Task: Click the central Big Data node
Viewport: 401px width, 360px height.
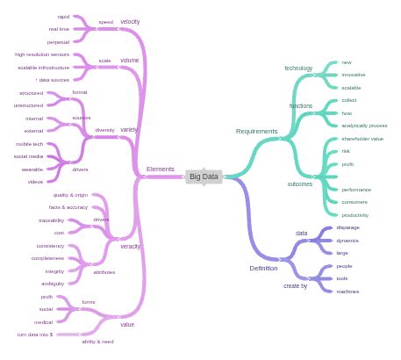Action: pyautogui.click(x=204, y=176)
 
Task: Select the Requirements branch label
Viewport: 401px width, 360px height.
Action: pyautogui.click(x=256, y=132)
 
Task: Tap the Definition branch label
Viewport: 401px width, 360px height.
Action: pyautogui.click(x=263, y=268)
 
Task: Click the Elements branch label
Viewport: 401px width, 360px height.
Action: pyautogui.click(x=160, y=169)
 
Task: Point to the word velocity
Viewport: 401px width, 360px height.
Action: pyautogui.click(x=130, y=21)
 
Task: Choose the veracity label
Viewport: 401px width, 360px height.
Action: pyautogui.click(x=130, y=246)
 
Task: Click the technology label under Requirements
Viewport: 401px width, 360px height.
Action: pyautogui.click(x=297, y=68)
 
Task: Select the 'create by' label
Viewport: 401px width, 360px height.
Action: pyautogui.click(x=295, y=285)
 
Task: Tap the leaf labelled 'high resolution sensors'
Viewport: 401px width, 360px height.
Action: pyautogui.click(x=42, y=54)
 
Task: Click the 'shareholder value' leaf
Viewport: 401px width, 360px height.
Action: pyautogui.click(x=362, y=139)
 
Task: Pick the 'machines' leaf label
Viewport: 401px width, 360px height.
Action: pyautogui.click(x=347, y=292)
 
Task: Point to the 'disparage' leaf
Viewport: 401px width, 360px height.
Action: pyautogui.click(x=347, y=227)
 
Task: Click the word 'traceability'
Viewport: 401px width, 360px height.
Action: pyautogui.click(x=51, y=220)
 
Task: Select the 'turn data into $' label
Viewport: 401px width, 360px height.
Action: pyautogui.click(x=35, y=335)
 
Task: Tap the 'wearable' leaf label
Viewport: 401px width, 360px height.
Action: pyautogui.click(x=32, y=169)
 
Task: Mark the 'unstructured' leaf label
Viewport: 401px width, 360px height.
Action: pyautogui.click(x=28, y=105)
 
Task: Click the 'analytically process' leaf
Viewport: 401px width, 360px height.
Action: pyautogui.click(x=364, y=126)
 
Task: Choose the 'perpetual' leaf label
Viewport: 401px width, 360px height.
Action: pyautogui.click(x=59, y=41)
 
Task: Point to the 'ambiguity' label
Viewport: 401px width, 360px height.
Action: pyautogui.click(x=53, y=284)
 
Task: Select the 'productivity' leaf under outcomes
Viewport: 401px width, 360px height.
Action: pyautogui.click(x=354, y=215)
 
